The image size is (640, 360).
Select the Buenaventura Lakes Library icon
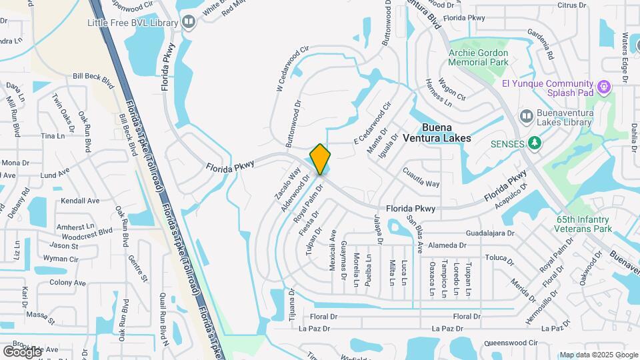click(525, 116)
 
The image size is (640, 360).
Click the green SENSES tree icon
click(533, 143)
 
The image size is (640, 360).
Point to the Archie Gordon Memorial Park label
click(478, 57)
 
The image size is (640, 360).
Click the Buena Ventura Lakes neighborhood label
click(446, 133)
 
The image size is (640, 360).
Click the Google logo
click(22, 351)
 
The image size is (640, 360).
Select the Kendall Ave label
click(79, 201)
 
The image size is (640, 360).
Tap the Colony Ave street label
click(67, 283)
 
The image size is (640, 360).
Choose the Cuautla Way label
click(421, 179)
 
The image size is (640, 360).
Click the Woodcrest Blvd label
click(87, 235)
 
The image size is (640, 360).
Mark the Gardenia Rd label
click(540, 45)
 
